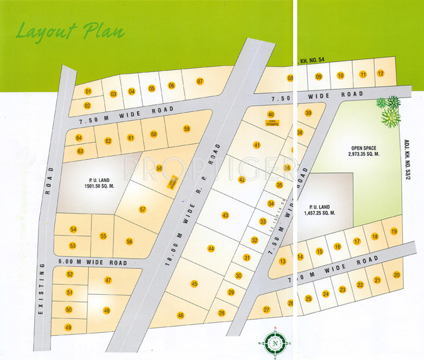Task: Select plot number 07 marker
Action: click(x=200, y=81)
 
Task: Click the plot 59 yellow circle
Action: click(x=187, y=129)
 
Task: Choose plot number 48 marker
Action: click(x=107, y=311)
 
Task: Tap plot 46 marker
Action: click(x=180, y=316)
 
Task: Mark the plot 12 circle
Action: click(x=380, y=74)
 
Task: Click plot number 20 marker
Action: click(x=396, y=275)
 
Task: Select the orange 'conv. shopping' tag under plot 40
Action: click(x=271, y=123)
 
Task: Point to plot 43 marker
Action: click(x=225, y=215)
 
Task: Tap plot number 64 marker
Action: click(x=79, y=138)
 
